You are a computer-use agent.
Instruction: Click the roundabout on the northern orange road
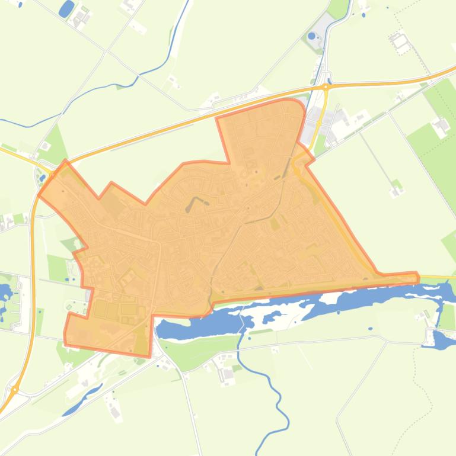(326, 87)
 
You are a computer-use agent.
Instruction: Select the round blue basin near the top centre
(312, 36)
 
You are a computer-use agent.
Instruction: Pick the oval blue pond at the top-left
(66, 8)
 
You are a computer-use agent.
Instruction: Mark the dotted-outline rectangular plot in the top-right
(400, 41)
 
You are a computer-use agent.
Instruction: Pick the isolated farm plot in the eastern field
(396, 190)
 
